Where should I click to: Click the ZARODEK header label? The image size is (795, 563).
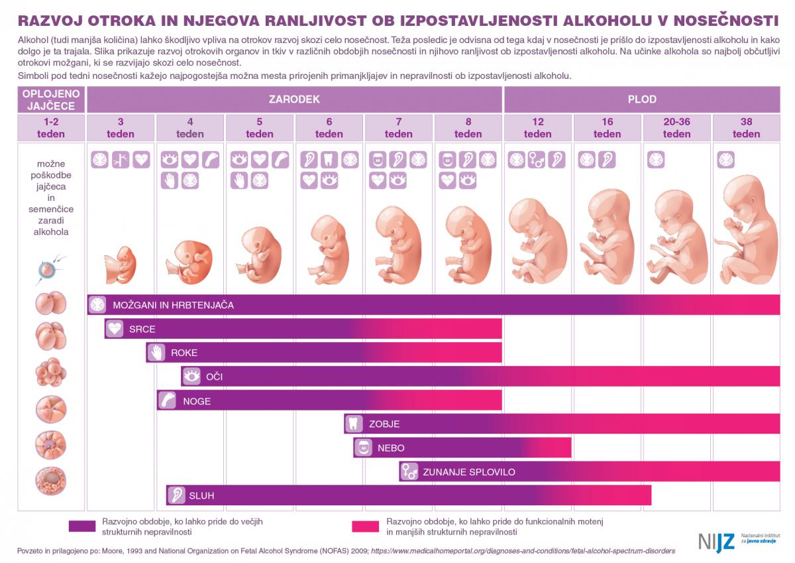(294, 99)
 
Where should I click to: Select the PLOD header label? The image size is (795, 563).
(642, 99)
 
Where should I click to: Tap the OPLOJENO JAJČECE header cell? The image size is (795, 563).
(51, 99)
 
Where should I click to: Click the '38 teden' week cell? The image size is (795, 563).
(746, 127)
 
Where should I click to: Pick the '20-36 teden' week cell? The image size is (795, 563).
(676, 127)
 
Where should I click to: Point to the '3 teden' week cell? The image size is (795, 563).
(121, 127)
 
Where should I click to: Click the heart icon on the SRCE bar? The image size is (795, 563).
(115, 328)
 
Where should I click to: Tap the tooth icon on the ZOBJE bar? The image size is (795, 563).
(353, 424)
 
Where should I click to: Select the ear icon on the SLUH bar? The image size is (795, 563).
(176, 495)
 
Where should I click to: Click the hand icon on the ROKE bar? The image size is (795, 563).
(156, 352)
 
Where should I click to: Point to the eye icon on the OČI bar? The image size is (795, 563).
(191, 376)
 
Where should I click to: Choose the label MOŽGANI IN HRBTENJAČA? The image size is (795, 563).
(172, 305)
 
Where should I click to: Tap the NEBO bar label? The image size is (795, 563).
(391, 448)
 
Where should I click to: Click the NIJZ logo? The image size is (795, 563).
(715, 541)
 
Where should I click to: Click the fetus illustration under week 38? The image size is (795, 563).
(747, 229)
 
